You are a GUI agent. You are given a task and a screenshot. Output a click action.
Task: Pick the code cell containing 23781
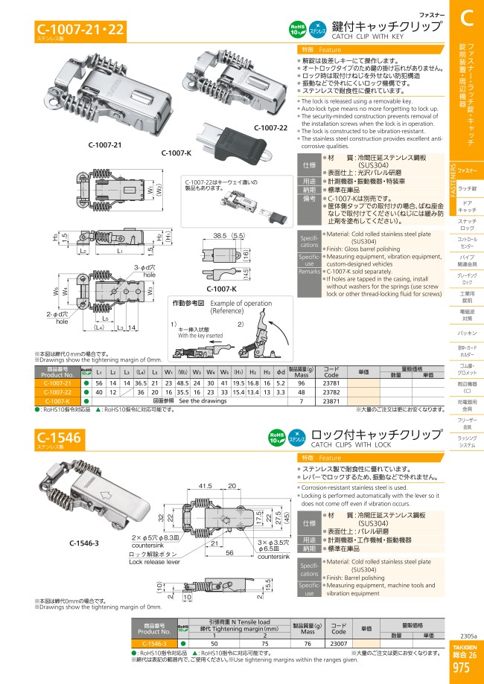pyautogui.click(x=332, y=382)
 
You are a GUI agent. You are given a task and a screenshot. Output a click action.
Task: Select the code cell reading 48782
pyautogui.click(x=332, y=391)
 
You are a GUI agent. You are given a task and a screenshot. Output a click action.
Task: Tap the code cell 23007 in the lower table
pyautogui.click(x=338, y=644)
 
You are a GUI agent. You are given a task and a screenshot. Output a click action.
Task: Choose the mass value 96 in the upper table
pyautogui.click(x=301, y=382)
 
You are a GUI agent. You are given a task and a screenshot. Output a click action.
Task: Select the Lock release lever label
pyautogui.click(x=154, y=563)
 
